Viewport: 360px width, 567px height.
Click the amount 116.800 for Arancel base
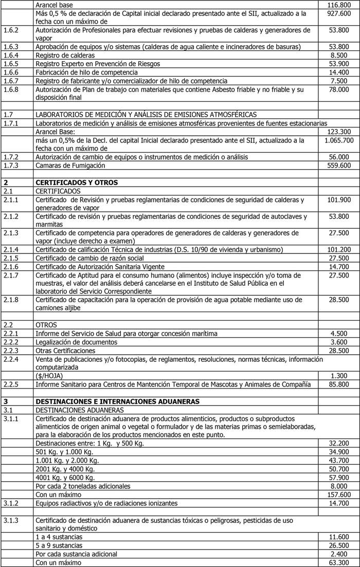point(338,5)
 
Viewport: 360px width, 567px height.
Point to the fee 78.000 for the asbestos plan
point(338,89)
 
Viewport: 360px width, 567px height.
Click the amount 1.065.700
point(339,140)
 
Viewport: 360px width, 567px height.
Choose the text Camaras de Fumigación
point(70,166)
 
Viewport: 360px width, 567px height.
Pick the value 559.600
point(338,166)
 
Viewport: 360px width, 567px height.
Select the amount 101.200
point(338,250)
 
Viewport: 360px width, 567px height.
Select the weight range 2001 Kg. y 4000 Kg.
point(65,469)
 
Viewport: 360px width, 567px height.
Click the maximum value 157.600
point(338,495)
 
